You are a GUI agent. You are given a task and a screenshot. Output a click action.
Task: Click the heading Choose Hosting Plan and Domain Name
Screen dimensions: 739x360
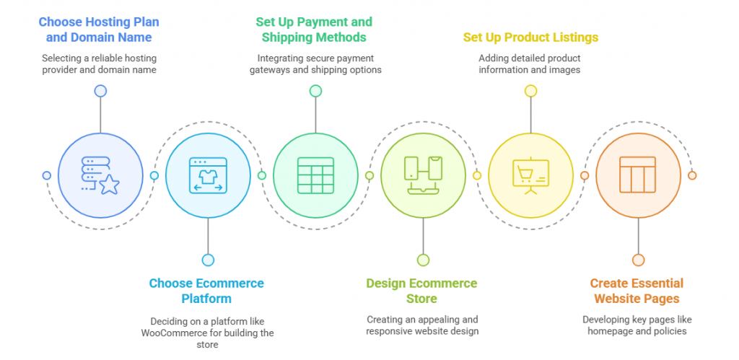click(98, 29)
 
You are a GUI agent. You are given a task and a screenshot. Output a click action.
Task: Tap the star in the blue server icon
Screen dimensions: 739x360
click(110, 185)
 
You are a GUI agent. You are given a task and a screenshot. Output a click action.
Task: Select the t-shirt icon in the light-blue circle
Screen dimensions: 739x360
click(208, 177)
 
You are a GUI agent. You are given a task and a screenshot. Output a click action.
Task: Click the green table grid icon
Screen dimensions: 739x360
click(315, 175)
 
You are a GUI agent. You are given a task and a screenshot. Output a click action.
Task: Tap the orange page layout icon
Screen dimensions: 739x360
click(638, 175)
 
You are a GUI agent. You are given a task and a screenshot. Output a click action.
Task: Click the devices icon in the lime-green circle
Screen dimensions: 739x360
click(423, 175)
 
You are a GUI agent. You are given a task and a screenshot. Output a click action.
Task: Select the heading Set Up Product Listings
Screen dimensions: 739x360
click(530, 38)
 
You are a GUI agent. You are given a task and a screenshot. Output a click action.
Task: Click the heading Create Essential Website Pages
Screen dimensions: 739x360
click(637, 291)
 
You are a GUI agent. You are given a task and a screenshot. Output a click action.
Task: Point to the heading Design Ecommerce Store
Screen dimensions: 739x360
click(421, 291)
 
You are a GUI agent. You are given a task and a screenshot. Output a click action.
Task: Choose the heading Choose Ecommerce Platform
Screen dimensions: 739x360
click(206, 291)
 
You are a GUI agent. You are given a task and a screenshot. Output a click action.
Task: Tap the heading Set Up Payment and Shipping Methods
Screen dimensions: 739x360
click(314, 29)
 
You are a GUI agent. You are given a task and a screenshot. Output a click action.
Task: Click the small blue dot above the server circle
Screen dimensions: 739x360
click(100, 91)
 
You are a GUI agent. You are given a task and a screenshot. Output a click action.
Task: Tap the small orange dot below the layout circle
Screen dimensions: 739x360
click(638, 260)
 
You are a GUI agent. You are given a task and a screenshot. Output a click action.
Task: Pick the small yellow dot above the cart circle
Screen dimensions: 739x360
click(530, 91)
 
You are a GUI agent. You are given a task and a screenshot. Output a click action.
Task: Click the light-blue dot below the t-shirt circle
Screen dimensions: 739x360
click(208, 260)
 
